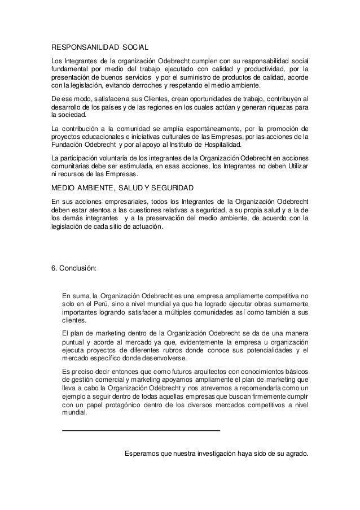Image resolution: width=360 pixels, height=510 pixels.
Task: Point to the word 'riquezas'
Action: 276,106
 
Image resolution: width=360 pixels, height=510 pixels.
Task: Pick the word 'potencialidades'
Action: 266,350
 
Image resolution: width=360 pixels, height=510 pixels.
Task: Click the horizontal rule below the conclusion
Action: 141,431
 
